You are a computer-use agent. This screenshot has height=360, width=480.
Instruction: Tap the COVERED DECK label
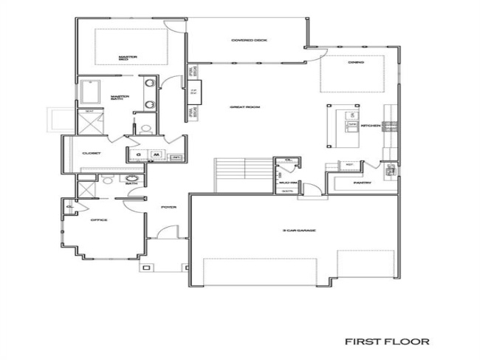tap(249, 40)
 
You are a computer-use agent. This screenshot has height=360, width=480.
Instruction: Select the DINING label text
tap(356, 63)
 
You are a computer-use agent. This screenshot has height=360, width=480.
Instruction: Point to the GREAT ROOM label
tap(244, 107)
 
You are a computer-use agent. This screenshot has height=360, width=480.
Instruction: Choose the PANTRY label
tap(362, 183)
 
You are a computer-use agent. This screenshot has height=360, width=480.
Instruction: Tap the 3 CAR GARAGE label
tap(299, 231)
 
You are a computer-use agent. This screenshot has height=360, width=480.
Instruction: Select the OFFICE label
tap(98, 220)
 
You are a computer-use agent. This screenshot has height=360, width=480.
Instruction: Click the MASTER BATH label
tap(120, 97)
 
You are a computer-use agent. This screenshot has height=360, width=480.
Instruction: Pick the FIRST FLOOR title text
tap(386, 342)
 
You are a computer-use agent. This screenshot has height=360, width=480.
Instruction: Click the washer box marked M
tap(156, 154)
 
